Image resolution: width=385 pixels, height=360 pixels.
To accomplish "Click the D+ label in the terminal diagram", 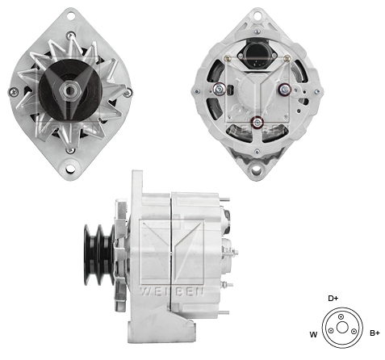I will [x=333, y=298].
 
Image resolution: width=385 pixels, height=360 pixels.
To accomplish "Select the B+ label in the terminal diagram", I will [x=375, y=333].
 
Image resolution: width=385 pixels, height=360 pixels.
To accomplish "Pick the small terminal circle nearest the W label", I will [x=330, y=331].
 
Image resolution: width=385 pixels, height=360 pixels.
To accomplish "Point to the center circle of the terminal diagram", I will [x=340, y=331].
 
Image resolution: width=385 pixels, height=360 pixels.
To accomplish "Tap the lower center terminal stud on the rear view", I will [x=257, y=123].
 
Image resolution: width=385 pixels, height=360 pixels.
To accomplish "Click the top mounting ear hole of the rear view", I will [x=256, y=14].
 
